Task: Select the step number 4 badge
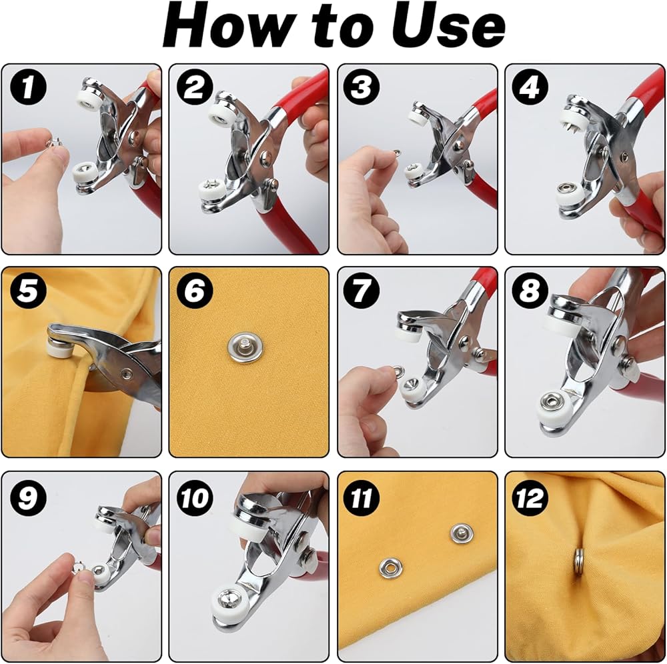(x=530, y=87)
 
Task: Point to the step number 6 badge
(x=195, y=291)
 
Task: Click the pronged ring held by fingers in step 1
(x=55, y=143)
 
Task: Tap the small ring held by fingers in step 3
(x=397, y=152)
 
